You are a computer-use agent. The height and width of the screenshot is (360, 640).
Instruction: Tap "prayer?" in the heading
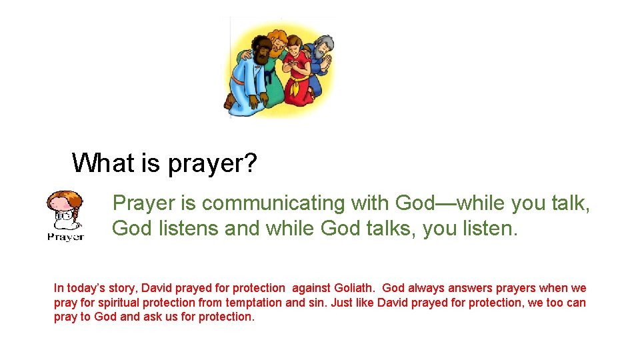(212, 164)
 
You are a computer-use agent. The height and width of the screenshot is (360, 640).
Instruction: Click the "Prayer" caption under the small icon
(65, 237)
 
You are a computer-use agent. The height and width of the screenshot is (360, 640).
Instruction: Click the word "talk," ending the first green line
(571, 203)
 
